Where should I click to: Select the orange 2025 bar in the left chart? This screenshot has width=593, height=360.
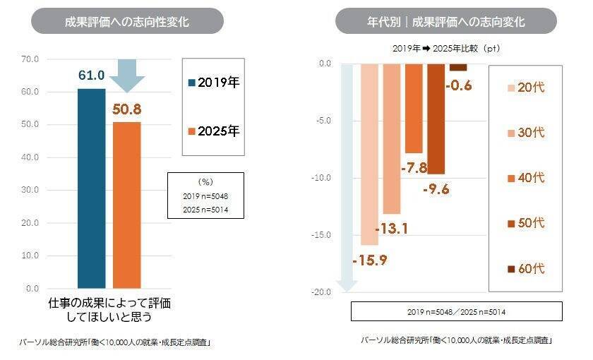click(x=127, y=205)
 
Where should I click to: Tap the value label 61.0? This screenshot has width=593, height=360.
click(x=91, y=76)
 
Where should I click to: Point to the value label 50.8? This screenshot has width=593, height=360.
click(x=127, y=109)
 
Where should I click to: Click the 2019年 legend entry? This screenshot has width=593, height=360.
click(x=212, y=83)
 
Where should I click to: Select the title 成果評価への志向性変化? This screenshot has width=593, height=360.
click(x=127, y=22)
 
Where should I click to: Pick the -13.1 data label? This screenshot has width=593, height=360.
click(x=390, y=229)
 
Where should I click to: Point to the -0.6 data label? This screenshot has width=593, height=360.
click(x=458, y=86)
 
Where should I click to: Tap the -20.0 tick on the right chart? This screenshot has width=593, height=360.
click(x=321, y=292)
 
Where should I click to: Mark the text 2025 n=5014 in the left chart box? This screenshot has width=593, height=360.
click(x=205, y=210)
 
